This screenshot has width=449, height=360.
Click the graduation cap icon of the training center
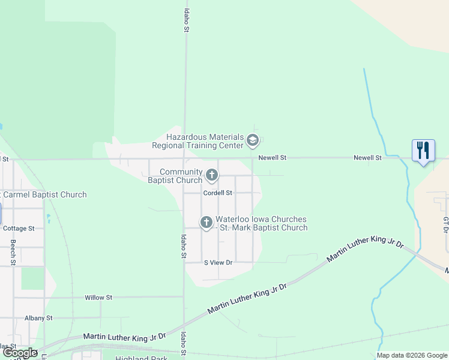pyautogui.click(x=253, y=141)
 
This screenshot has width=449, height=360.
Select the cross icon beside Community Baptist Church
pyautogui.click(x=211, y=175)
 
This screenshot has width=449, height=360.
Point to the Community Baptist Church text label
pyautogui.click(x=175, y=176)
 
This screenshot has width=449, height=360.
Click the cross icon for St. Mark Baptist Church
pyautogui.click(x=206, y=223)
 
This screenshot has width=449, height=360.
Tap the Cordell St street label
pyautogui.click(x=217, y=193)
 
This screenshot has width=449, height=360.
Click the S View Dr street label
pyautogui.click(x=218, y=263)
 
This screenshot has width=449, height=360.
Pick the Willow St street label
pyautogui.click(x=98, y=297)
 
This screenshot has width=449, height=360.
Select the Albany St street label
pyautogui.click(x=38, y=318)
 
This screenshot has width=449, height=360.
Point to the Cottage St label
pyautogui.click(x=19, y=229)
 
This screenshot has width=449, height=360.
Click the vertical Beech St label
pyautogui.click(x=13, y=253)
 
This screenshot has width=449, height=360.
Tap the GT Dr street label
pyautogui.click(x=445, y=226)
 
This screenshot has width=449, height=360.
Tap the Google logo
pyautogui.click(x=20, y=353)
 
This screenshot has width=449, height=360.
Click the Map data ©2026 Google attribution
pyautogui.click(x=412, y=356)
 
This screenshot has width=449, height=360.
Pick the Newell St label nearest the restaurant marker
pyautogui.click(x=367, y=158)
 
